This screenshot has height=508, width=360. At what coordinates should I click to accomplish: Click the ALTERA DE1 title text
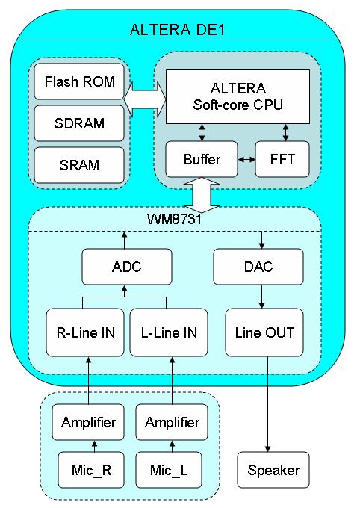pos(177,29)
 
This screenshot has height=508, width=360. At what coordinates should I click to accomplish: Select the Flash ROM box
pos(79,81)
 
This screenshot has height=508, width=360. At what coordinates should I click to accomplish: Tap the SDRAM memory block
pos(79,123)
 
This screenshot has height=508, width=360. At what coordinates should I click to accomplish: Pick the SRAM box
pos(79,165)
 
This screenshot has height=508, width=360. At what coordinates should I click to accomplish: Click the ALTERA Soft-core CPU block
pos(238,96)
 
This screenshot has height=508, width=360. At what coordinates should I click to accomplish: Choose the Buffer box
pos(202,159)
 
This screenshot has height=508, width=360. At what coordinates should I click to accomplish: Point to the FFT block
pos(282,159)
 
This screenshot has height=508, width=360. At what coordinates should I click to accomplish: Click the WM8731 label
pos(174,220)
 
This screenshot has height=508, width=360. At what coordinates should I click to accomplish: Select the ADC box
pos(127,267)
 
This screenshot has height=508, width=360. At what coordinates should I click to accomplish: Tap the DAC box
pos(258,267)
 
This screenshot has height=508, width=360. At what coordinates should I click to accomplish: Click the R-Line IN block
pos(85,332)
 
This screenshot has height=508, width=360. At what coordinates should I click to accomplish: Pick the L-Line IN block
pos(169,332)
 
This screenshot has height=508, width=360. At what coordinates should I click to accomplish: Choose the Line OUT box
pos(264,332)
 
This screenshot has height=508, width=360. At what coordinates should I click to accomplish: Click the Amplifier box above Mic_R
pos(88,422)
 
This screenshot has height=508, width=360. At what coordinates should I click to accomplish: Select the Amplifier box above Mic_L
pos(172,422)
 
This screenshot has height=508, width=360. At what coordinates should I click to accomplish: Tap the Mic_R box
pos(91,470)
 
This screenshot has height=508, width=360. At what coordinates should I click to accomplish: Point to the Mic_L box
pos(169,470)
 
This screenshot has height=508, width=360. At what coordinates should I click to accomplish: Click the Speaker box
pos(273,470)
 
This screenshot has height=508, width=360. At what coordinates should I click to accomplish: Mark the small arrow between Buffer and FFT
pos(246,159)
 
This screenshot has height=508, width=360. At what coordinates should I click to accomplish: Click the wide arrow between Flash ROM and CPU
pos(145,99)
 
